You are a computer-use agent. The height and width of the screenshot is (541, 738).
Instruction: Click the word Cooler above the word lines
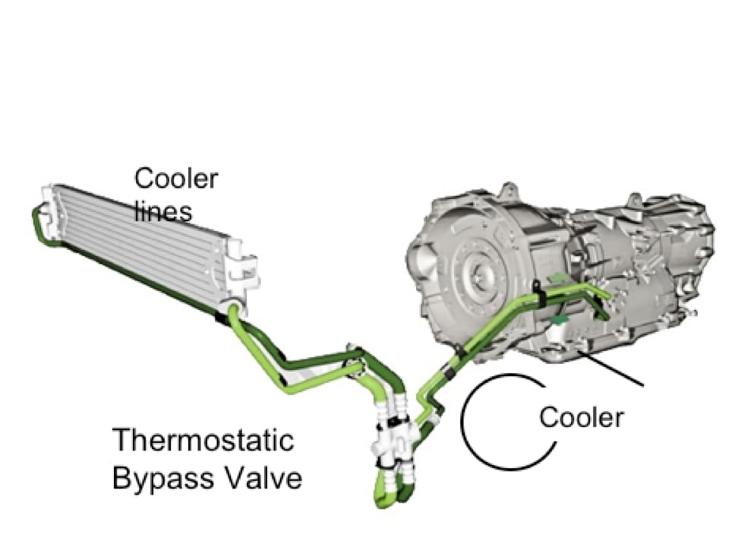pyautogui.click(x=176, y=179)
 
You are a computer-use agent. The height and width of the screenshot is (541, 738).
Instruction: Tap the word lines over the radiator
pyautogui.click(x=163, y=210)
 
